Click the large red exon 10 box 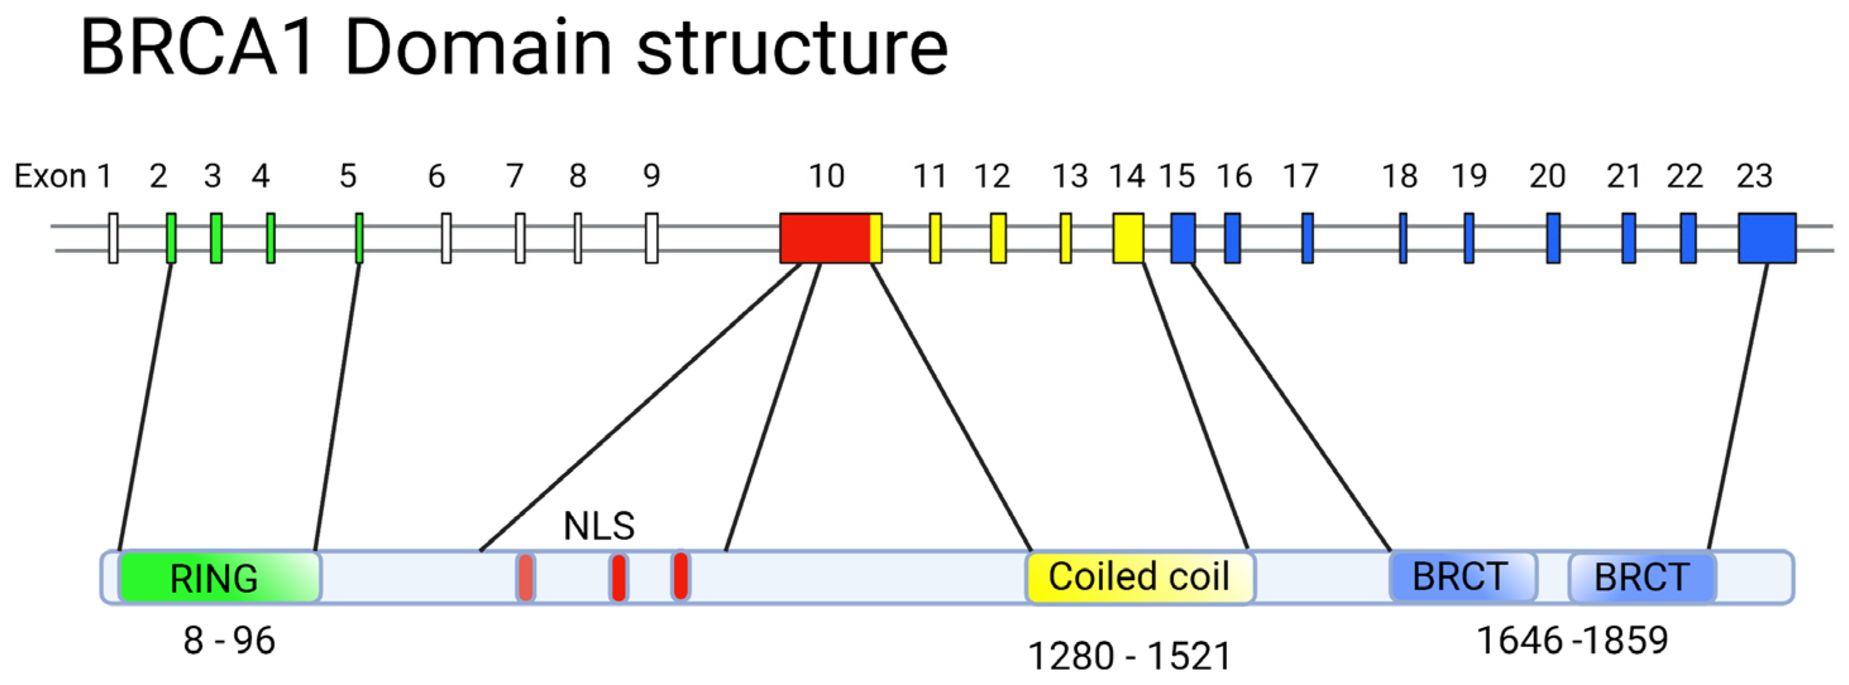(825, 238)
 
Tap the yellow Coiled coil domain (1140, 577)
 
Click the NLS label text (599, 526)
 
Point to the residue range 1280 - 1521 (1129, 655)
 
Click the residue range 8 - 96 (229, 639)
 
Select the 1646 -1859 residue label (1572, 639)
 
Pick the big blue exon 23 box (1766, 238)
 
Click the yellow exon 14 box (1128, 238)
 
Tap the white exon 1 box (113, 238)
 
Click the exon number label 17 (1300, 176)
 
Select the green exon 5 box (359, 238)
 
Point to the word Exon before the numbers (50, 176)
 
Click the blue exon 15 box (1182, 238)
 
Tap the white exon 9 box (651, 238)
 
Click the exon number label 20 (1547, 176)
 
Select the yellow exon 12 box (998, 238)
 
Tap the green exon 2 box (171, 238)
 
